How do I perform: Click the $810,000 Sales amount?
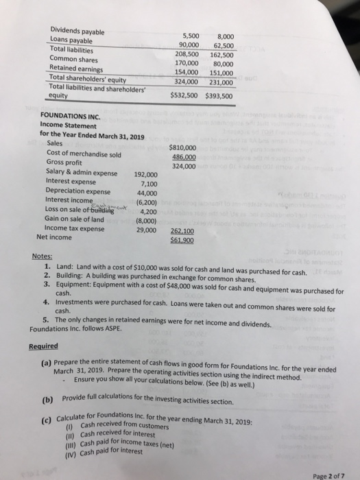[182, 147]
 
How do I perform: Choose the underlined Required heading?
[44, 346]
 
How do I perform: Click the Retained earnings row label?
[75, 68]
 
